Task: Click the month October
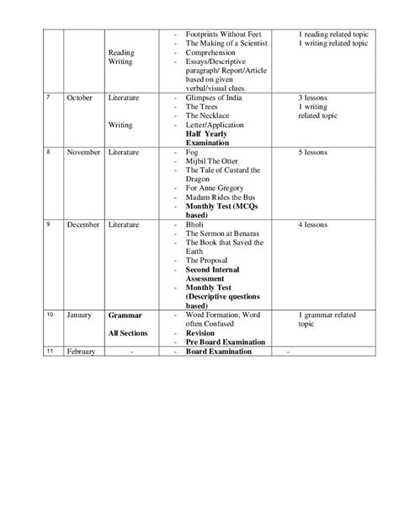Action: coord(80,98)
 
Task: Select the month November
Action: coord(83,153)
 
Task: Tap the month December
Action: coord(83,225)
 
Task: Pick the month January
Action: coord(79,315)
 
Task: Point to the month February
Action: coord(81,352)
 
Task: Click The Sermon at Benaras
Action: coord(226,234)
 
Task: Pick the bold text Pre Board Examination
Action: coord(226,342)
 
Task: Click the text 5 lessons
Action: coord(317,153)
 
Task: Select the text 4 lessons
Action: coord(317,225)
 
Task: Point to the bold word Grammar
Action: coord(125,315)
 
